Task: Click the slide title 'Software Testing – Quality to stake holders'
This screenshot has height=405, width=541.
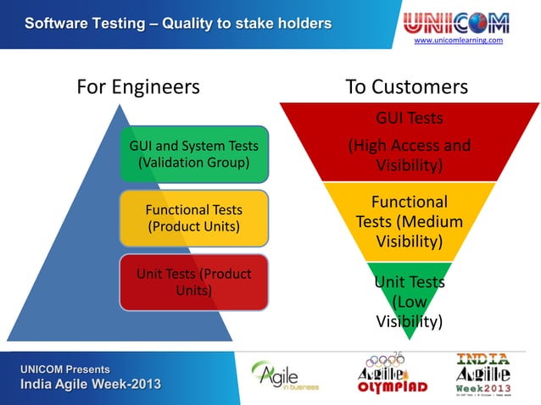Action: pos(177,23)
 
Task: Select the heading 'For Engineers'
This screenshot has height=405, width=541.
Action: pos(138,86)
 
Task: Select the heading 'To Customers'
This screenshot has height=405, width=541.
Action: pos(406,86)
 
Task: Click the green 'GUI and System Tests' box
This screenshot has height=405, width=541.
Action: pos(193,153)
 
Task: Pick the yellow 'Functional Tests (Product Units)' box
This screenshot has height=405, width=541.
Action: pos(193,218)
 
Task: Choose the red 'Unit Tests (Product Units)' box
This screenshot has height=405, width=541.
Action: pos(193,281)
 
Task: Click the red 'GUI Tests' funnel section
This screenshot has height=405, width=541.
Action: pos(410,140)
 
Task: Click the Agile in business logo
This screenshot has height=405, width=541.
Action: pos(286,374)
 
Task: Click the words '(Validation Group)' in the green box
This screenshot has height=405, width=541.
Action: pos(193,162)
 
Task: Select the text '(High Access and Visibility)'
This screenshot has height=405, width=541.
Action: pos(410,156)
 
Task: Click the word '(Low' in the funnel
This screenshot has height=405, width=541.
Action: pos(410,302)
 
